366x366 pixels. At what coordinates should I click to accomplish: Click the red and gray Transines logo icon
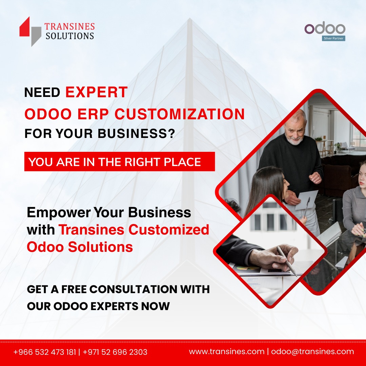point(30,32)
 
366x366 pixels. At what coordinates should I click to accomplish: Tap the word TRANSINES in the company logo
point(69,26)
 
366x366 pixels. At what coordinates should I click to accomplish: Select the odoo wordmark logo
point(325,28)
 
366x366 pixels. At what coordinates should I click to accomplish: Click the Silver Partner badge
point(333,38)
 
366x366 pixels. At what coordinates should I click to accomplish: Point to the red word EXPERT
point(96,92)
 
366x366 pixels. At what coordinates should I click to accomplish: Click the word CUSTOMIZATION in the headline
point(180,114)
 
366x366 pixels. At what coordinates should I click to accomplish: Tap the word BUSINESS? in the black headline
point(136,134)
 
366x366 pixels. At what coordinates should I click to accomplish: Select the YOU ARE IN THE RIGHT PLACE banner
point(120,162)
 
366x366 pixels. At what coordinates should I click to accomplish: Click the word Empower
point(59,213)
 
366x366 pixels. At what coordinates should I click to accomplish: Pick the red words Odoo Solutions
point(80,247)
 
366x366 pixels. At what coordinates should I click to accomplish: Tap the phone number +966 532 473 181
point(45,352)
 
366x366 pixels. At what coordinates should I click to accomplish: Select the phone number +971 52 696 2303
point(115,352)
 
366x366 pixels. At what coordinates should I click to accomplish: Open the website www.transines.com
point(227,351)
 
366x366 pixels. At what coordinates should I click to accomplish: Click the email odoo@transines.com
point(312,351)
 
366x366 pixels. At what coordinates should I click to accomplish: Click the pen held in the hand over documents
point(286,261)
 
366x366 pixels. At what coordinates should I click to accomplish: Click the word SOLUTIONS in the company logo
point(69,36)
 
